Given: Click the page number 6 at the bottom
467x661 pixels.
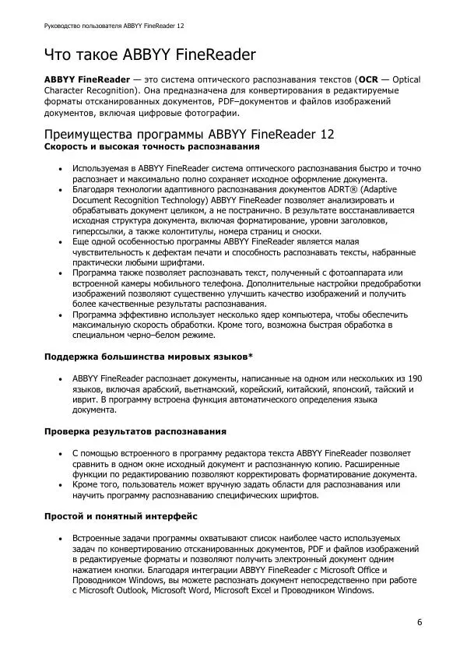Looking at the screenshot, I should click(420, 622).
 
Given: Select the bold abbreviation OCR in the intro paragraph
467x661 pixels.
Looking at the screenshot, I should click(368, 79).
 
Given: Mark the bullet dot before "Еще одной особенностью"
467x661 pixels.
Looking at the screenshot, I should click(60, 243).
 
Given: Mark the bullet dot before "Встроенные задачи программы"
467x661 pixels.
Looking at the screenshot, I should click(60, 538).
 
